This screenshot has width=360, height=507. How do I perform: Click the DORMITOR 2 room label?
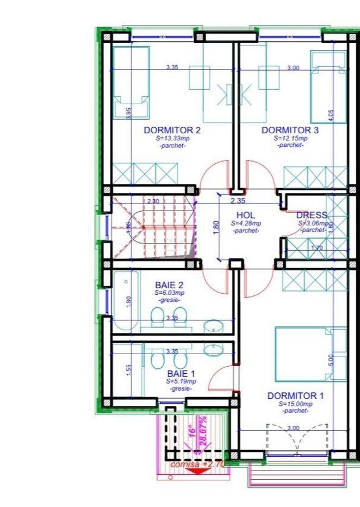tap(172, 131)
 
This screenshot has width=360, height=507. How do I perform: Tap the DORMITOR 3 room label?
tap(290, 131)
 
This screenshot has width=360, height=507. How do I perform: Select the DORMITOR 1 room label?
tap(295, 396)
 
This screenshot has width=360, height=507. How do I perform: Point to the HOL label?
tap(246, 215)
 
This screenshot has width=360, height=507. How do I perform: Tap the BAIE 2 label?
tap(169, 285)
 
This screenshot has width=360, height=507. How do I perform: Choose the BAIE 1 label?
tap(181, 374)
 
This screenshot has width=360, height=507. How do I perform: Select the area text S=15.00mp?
tap(295, 404)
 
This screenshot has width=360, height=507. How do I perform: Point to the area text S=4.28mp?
tap(246, 223)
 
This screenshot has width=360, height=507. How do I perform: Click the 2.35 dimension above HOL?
tap(238, 201)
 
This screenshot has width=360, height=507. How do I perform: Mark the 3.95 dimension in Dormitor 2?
tap(128, 113)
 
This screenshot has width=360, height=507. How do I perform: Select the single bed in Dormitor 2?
tap(131, 82)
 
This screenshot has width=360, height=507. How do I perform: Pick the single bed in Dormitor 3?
tap(328, 87)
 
